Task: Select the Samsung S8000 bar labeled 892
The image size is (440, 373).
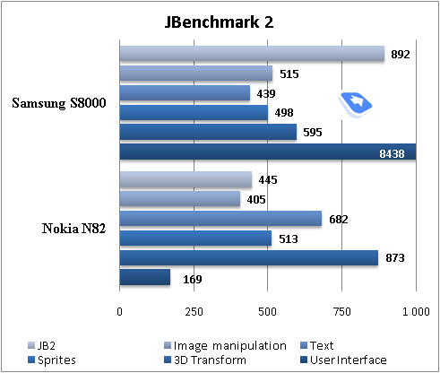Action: pos(252,54)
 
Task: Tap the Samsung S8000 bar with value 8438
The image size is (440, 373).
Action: pos(267,152)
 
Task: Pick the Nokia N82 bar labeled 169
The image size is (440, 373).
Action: pos(144,278)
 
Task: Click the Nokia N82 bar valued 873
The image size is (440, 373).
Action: pos(248,258)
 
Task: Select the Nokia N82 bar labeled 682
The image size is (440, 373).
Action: pos(220,219)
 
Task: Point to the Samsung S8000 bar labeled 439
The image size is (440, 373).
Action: pos(185,93)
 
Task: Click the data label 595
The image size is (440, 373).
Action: pos(314,133)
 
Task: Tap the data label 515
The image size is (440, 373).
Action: pos(289,74)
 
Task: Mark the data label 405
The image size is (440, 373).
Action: pos(256,199)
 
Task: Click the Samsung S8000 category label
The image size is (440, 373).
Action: pos(59,103)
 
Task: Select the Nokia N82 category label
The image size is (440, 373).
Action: pos(74,229)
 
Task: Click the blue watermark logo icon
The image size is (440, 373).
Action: pos(356,104)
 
